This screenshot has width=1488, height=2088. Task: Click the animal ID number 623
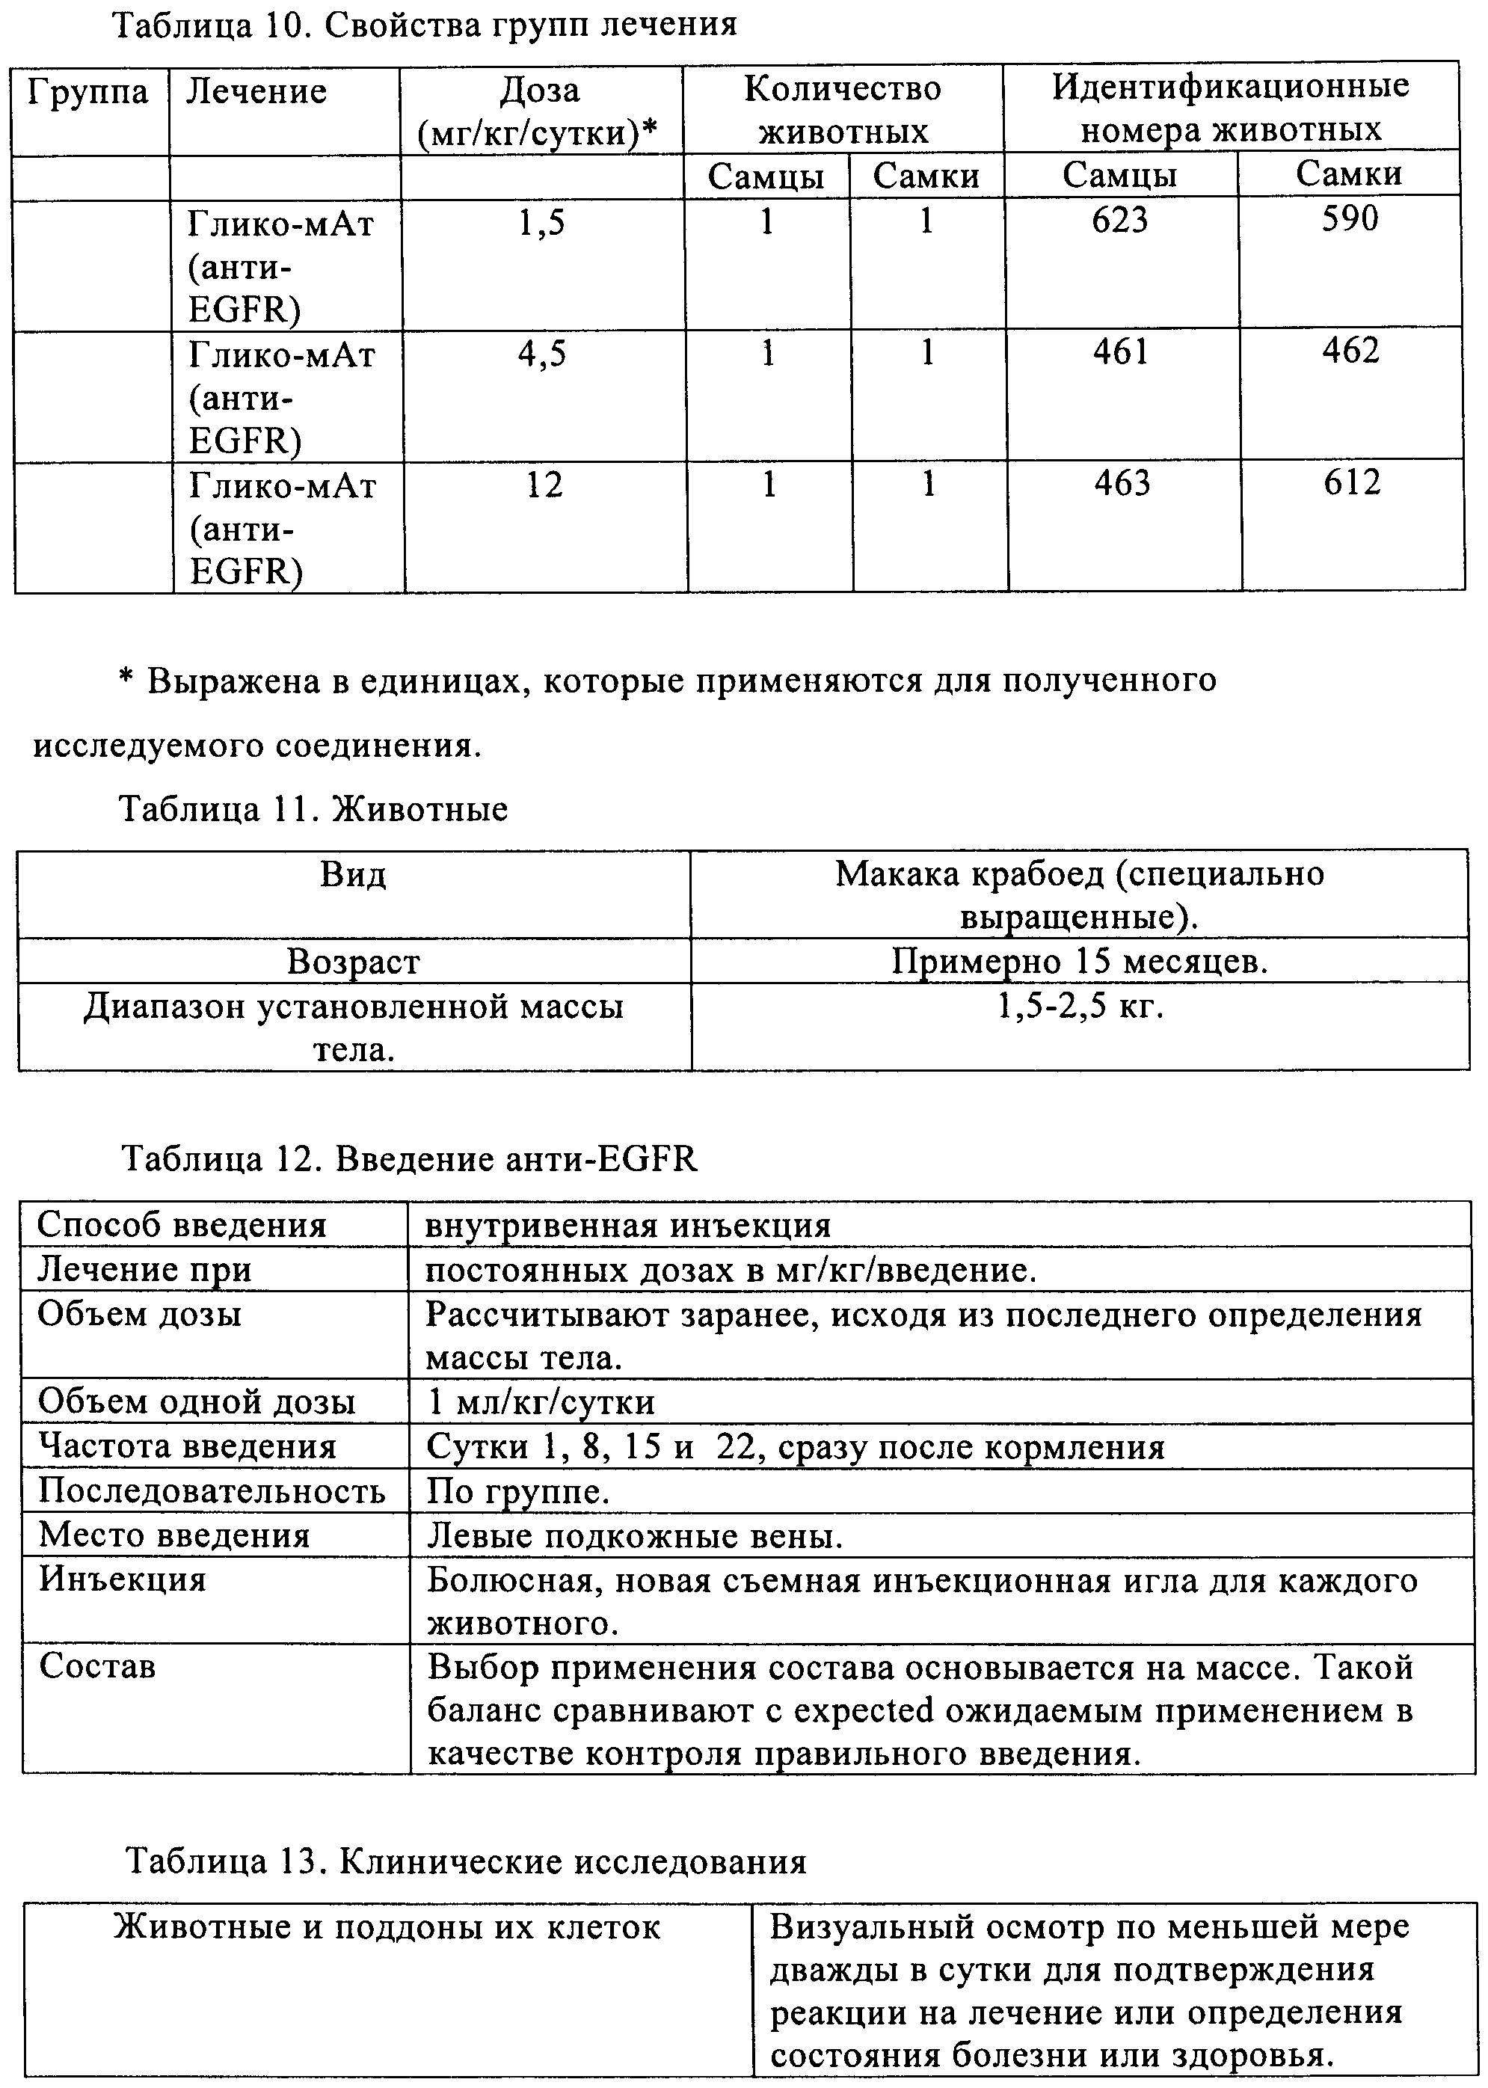(x=1119, y=221)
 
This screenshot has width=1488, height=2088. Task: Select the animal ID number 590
(x=1350, y=219)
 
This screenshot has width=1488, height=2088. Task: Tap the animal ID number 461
(x=1121, y=351)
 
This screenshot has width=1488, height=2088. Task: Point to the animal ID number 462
(x=1350, y=351)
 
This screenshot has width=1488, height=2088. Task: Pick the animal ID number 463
(x=1122, y=483)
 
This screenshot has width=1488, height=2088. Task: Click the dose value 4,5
(x=542, y=354)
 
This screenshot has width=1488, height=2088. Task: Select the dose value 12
(x=544, y=485)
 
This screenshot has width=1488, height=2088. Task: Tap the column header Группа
(x=88, y=93)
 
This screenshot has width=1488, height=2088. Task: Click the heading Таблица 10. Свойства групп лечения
(x=424, y=24)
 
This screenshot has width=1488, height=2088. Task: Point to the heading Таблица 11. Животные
(x=314, y=809)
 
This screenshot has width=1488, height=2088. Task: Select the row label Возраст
(x=354, y=962)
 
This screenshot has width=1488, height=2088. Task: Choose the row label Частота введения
(x=188, y=1446)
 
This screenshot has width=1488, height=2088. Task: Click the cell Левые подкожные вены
(x=635, y=1535)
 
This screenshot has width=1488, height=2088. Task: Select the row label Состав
(x=97, y=1665)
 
